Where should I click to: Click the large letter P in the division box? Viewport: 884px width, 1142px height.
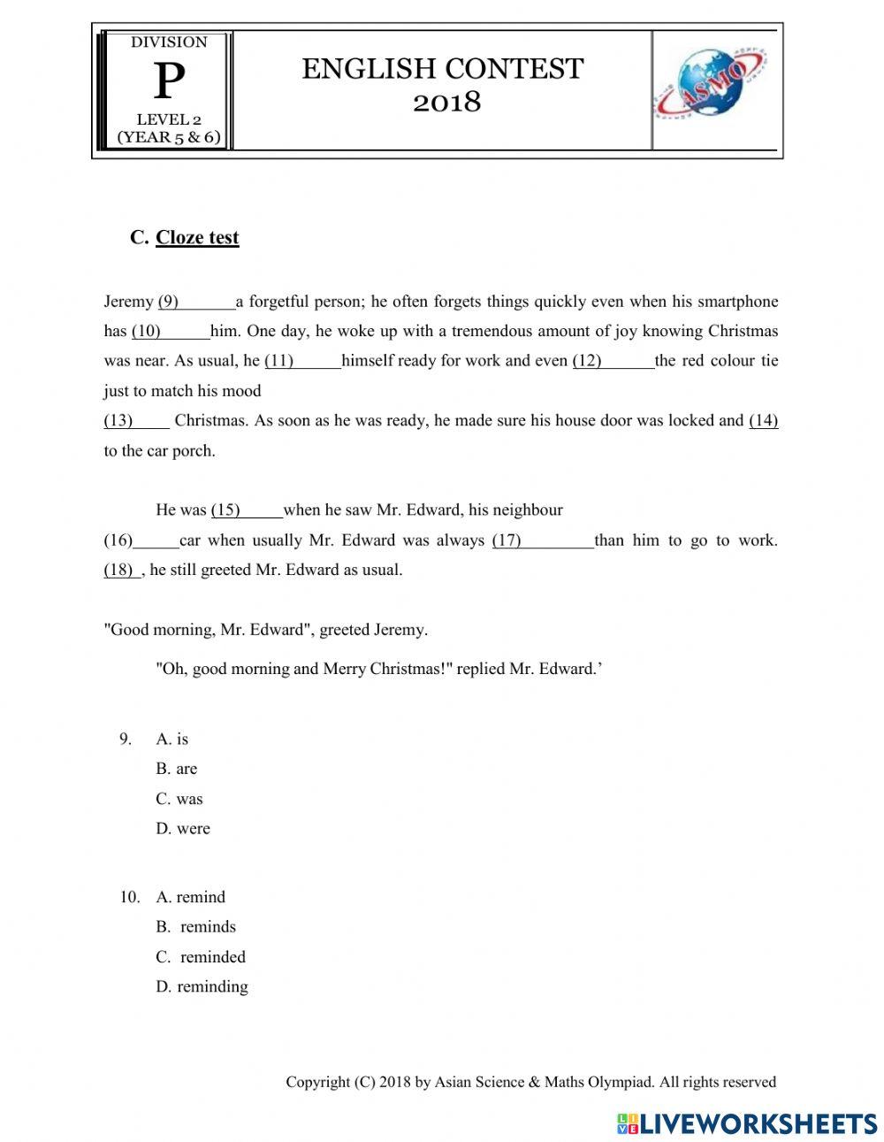(x=169, y=82)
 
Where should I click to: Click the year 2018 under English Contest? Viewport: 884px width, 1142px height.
(x=447, y=103)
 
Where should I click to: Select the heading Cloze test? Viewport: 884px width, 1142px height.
(x=196, y=237)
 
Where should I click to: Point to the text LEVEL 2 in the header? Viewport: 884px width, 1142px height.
(x=169, y=119)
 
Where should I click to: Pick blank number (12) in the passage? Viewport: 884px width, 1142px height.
(x=613, y=361)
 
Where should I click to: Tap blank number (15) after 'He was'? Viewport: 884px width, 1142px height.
(x=246, y=510)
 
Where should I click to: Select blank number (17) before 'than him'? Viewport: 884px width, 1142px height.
(x=542, y=540)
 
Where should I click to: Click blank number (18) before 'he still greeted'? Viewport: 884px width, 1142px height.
(x=121, y=571)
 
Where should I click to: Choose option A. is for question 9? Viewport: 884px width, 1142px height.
(x=172, y=739)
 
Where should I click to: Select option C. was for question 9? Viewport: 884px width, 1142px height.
(x=179, y=799)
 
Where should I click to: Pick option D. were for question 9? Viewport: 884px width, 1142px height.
(x=183, y=829)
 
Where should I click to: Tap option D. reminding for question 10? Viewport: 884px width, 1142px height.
(x=202, y=986)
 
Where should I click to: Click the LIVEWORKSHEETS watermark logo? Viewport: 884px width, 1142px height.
(x=747, y=1123)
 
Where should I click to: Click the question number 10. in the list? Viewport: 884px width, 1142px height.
(x=130, y=897)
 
